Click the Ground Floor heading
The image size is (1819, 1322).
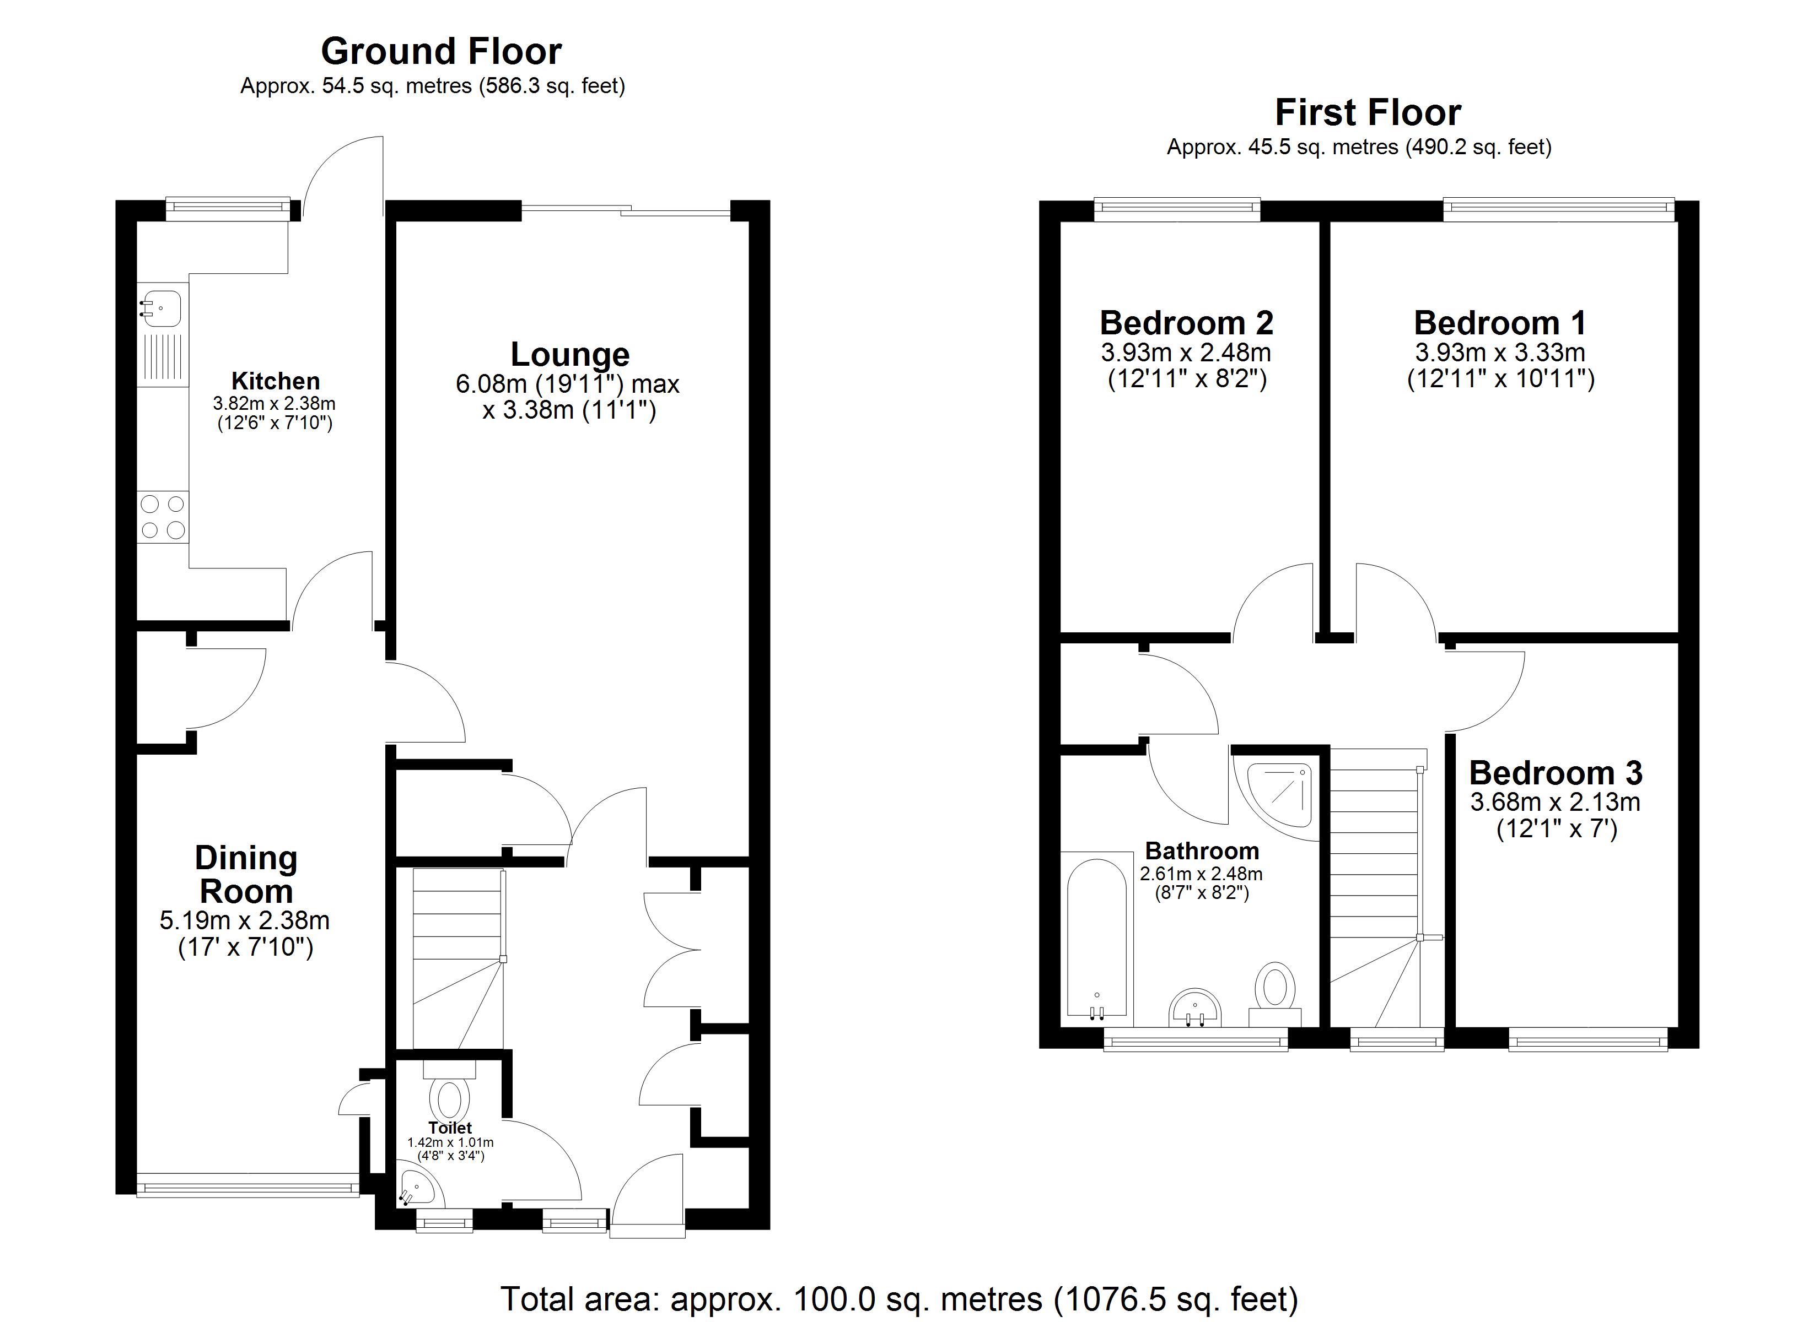pos(441,51)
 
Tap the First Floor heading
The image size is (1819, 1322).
pos(1368,112)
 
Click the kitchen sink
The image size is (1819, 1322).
pos(160,308)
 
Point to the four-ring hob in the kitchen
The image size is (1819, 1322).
pos(163,517)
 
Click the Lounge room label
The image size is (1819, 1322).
pos(571,354)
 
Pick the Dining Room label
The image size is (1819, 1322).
pos(246,875)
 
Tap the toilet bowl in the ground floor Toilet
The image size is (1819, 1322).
pos(449,1099)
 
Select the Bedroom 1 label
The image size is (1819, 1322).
pos(1500,323)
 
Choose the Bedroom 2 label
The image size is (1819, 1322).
pos(1186,323)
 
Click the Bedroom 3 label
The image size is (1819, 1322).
pos(1556,773)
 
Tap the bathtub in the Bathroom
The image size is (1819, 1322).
pos(1097,944)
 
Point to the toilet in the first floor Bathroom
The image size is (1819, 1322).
pos(1274,995)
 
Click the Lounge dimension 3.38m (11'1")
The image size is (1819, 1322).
pos(569,410)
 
